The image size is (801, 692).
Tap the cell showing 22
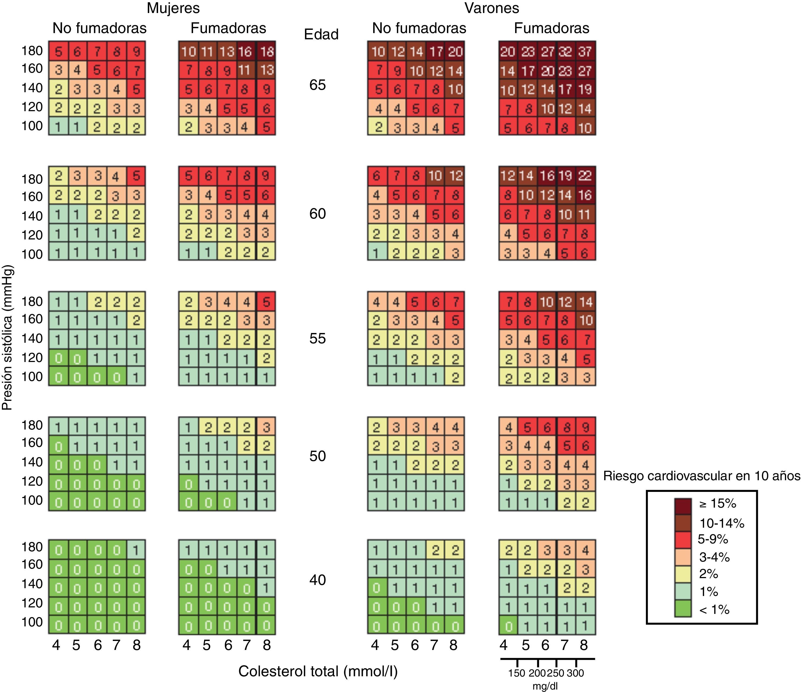585,176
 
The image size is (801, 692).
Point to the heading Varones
491,8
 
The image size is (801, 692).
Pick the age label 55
317,338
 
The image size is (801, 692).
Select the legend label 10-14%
721,523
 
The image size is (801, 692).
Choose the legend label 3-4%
715,557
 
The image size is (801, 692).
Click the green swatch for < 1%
683,608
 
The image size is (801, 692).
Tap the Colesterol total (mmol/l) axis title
318,671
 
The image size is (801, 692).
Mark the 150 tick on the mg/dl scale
517,673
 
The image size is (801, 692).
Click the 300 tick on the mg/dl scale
575,673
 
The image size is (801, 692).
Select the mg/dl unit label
545,686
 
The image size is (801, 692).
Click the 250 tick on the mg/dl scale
556,673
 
